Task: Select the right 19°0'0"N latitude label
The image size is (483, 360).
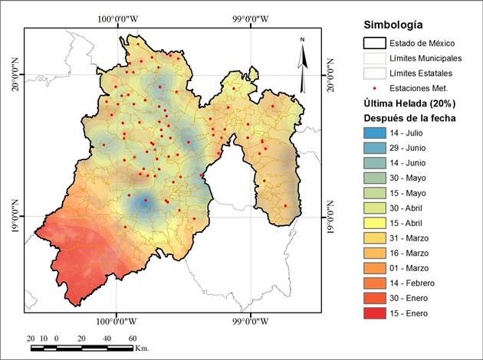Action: click(x=331, y=217)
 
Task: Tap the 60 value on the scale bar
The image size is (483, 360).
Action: click(x=132, y=338)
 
